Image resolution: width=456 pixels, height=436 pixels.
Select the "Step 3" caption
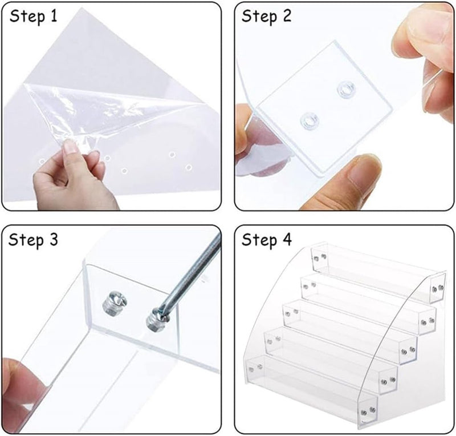[x=34, y=240]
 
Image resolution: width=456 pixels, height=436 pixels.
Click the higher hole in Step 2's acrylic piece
[x=344, y=88]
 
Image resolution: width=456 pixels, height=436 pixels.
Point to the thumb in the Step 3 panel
[x=23, y=388]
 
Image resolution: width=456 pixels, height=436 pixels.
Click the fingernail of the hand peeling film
[x=71, y=147]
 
